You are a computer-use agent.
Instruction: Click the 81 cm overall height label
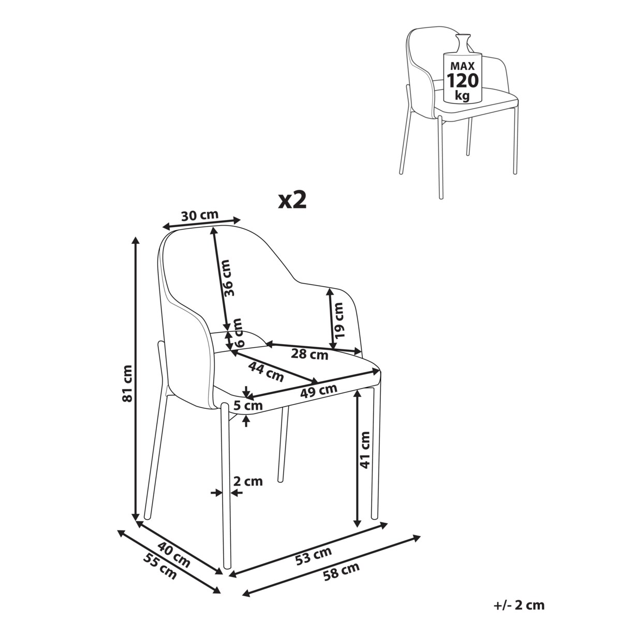[x=128, y=383]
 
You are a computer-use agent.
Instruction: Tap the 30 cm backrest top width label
[x=200, y=215]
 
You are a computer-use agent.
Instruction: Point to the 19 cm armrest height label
[x=339, y=320]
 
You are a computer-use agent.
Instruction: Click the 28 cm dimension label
[x=309, y=354]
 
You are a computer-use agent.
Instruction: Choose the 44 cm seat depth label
[x=266, y=372]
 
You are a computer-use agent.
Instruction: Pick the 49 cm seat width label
[x=318, y=391]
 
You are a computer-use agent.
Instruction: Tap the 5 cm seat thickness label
[x=248, y=405]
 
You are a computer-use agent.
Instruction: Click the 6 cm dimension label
[x=238, y=332]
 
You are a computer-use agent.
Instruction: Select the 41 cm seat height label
[x=365, y=450]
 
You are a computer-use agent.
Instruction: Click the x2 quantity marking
[x=292, y=200]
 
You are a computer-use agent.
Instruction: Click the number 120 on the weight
[x=463, y=81]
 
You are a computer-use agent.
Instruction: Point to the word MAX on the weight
[x=463, y=66]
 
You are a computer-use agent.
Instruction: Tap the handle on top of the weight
[x=463, y=42]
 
